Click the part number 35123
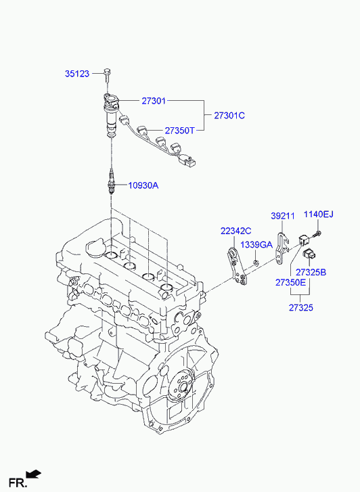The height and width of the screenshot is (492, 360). (x=77, y=74)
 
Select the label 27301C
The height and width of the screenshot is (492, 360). (x=229, y=116)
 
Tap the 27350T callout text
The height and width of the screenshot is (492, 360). (x=180, y=131)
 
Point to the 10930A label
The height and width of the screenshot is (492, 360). (x=143, y=185)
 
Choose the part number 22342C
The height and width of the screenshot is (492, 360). (x=236, y=231)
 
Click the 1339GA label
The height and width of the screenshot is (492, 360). (x=256, y=245)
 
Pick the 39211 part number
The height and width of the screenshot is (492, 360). (x=283, y=216)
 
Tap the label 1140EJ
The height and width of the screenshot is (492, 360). (x=319, y=215)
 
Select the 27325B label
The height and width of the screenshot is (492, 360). (x=311, y=272)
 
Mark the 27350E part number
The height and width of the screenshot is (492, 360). (x=290, y=282)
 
